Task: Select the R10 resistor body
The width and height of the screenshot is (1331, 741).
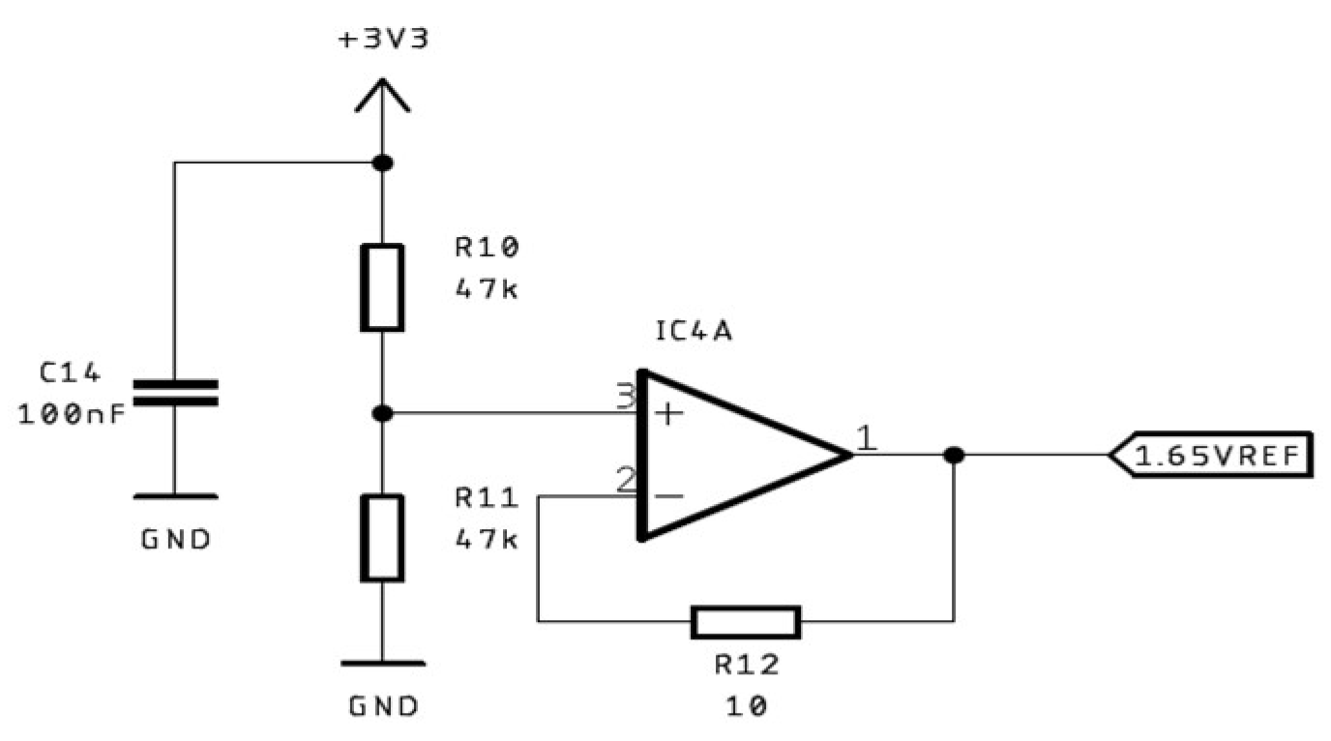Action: (x=382, y=288)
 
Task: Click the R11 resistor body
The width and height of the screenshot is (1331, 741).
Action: (x=382, y=538)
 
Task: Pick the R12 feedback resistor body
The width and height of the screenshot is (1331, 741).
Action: (x=746, y=622)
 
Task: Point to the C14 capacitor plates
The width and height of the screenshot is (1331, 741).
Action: (x=175, y=392)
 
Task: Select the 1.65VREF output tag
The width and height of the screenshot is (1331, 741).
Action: (x=1213, y=455)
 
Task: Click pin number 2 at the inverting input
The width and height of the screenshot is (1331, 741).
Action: (x=625, y=479)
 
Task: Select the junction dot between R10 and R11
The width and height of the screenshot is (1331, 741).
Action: (x=383, y=414)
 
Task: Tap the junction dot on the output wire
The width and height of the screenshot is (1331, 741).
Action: (x=954, y=455)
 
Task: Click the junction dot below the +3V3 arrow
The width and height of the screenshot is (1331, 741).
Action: (x=383, y=163)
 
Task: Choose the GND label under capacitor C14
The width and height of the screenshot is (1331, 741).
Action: (x=175, y=539)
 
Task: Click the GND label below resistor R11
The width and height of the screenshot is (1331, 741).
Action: (x=383, y=705)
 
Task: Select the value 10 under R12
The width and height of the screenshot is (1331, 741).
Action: (x=746, y=706)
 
